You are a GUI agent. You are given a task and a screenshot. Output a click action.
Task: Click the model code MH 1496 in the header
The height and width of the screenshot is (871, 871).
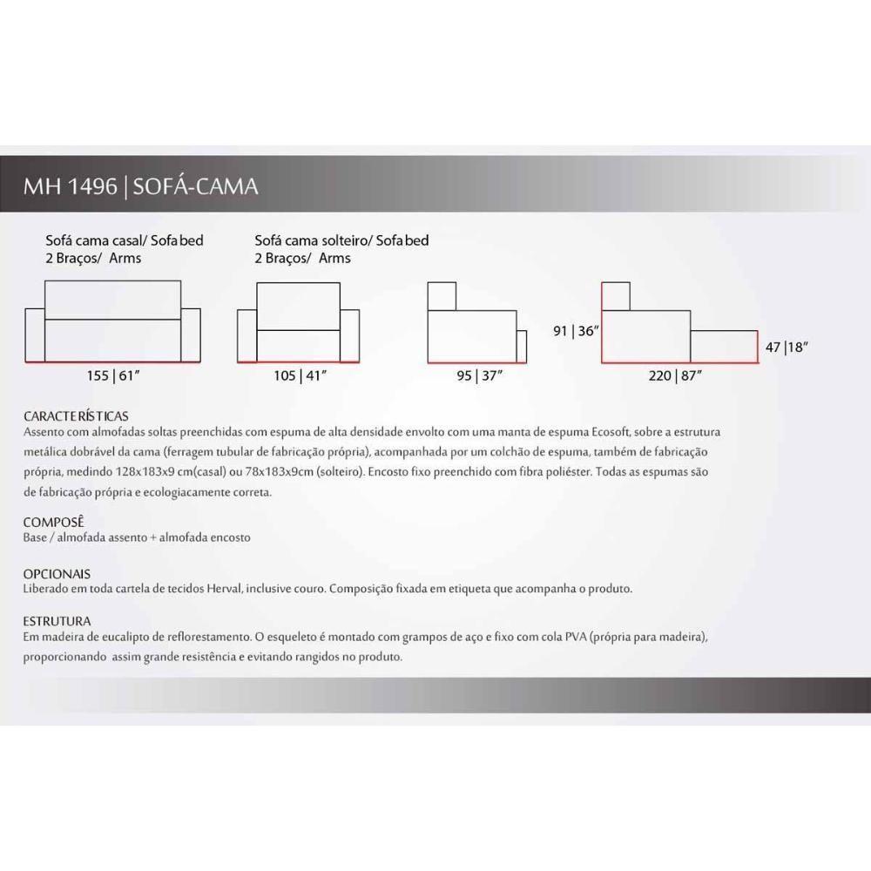click(70, 186)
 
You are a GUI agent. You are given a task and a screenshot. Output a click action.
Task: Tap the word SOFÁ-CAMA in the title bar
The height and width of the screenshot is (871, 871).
click(195, 186)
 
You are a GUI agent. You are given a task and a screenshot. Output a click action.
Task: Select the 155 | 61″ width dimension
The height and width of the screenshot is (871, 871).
click(112, 376)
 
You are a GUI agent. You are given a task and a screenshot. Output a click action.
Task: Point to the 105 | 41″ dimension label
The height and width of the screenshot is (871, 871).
click(300, 376)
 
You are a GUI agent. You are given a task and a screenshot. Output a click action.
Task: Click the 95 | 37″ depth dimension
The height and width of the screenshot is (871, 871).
click(479, 376)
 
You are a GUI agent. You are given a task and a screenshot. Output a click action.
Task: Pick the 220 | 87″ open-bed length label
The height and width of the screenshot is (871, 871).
click(675, 376)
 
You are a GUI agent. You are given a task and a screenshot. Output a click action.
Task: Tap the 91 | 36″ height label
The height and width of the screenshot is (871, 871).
click(576, 331)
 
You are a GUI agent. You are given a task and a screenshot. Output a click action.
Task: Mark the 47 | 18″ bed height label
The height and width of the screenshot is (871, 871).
click(786, 348)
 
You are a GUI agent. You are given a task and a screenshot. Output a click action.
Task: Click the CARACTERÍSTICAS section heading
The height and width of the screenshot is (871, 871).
click(76, 416)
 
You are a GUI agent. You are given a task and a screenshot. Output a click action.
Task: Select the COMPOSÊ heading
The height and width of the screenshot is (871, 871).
click(53, 522)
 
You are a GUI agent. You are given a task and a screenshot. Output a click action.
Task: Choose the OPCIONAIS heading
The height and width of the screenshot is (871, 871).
click(57, 574)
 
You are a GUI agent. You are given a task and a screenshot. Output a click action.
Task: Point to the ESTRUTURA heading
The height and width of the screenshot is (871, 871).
click(57, 621)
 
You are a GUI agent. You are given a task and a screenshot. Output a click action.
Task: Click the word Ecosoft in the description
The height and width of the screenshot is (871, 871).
click(611, 432)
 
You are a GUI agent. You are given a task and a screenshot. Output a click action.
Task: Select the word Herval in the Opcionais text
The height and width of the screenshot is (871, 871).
click(225, 589)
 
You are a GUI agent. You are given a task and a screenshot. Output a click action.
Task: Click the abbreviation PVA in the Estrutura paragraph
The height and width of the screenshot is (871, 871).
click(576, 638)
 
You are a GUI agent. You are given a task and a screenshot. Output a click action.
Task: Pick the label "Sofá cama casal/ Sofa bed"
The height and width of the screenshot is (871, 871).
click(125, 240)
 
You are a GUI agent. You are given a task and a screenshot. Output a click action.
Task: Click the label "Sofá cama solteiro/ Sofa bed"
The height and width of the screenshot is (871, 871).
click(341, 240)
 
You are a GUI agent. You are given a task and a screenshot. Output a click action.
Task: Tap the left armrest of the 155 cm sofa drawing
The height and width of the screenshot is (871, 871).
click(35, 335)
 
